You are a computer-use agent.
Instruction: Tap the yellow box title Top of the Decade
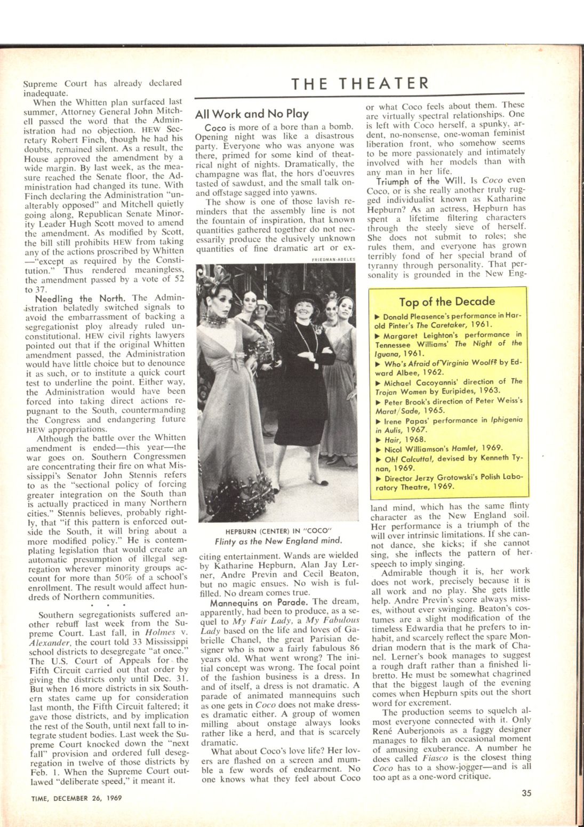click(447, 301)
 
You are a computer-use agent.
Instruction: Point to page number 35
click(527, 793)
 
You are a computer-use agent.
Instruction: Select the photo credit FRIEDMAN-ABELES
click(333, 260)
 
